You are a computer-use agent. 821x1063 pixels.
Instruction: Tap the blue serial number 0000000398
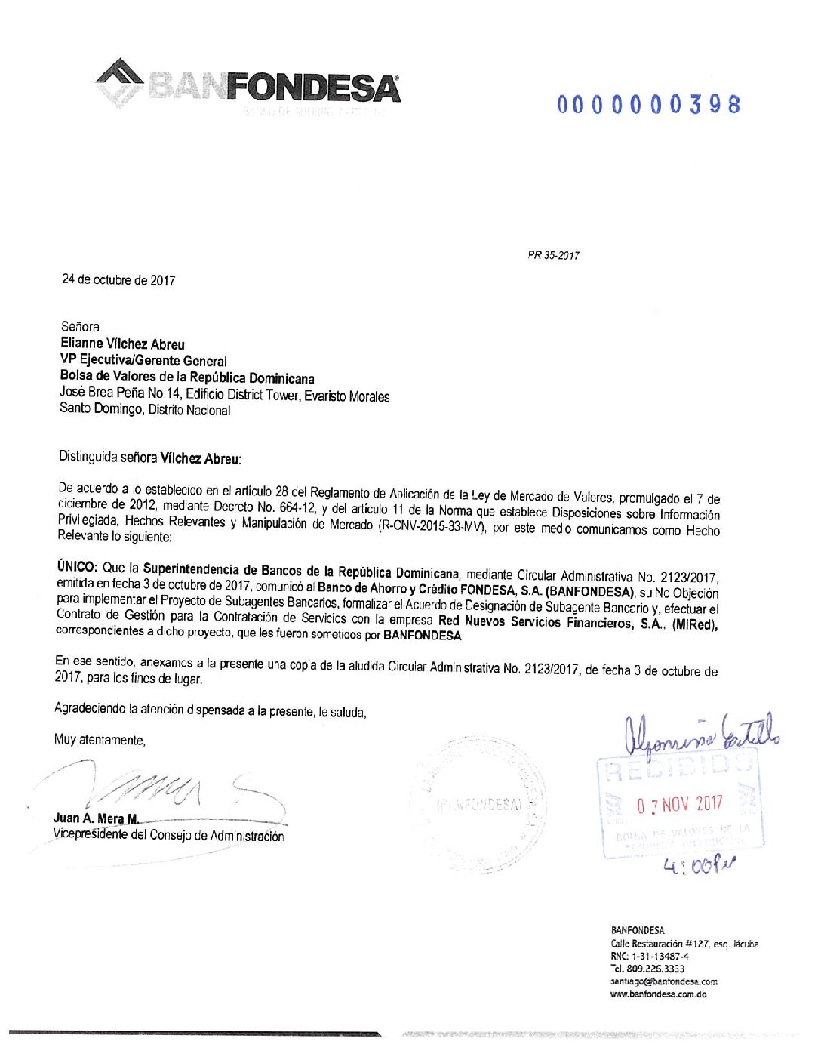pyautogui.click(x=649, y=104)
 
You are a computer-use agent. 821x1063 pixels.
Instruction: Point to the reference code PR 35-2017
pyautogui.click(x=554, y=256)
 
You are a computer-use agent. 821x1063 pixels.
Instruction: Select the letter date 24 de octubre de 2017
pyautogui.click(x=118, y=280)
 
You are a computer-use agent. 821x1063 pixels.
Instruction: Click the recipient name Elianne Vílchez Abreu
pyautogui.click(x=122, y=344)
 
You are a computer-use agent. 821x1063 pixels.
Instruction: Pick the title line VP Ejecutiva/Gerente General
pyautogui.click(x=143, y=361)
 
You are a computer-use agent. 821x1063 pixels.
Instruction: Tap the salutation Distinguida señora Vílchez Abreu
pyautogui.click(x=149, y=458)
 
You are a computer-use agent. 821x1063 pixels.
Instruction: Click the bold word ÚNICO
pyautogui.click(x=77, y=567)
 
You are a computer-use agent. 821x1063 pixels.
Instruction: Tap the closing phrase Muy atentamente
pyautogui.click(x=100, y=740)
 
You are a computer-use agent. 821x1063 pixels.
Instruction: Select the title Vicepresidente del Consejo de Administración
pyautogui.click(x=168, y=836)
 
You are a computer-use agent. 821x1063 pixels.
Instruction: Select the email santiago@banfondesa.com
pyautogui.click(x=664, y=981)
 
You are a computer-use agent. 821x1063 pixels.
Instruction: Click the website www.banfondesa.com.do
pyautogui.click(x=658, y=994)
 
